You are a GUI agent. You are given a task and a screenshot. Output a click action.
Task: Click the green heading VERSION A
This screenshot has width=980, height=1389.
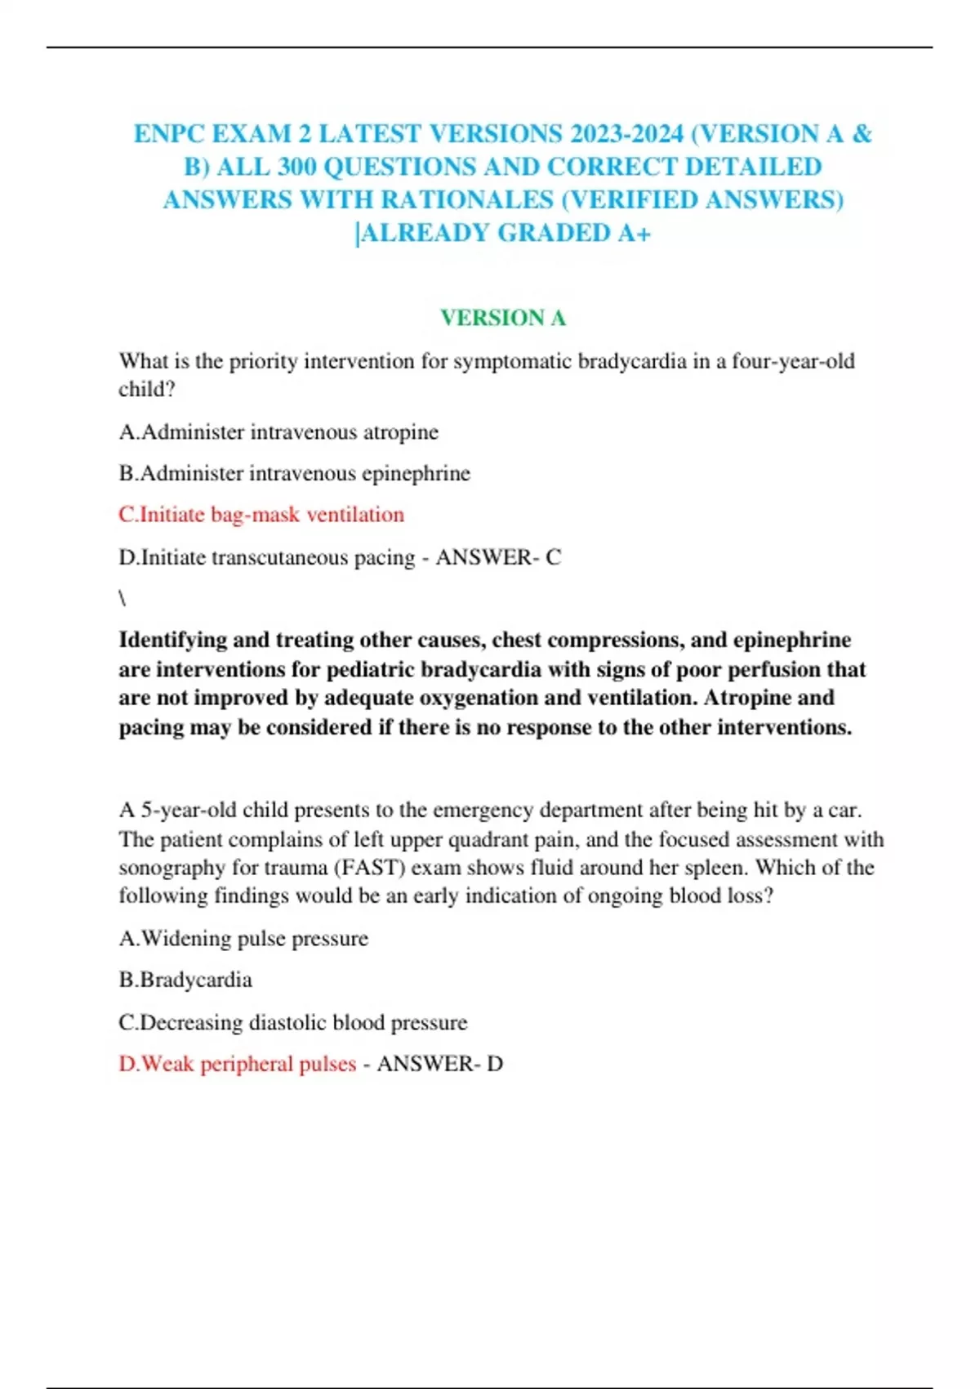[x=502, y=318]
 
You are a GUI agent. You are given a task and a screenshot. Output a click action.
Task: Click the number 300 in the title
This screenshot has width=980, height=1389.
[x=297, y=167]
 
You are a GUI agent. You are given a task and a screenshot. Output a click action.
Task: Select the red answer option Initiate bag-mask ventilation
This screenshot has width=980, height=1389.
[x=261, y=515]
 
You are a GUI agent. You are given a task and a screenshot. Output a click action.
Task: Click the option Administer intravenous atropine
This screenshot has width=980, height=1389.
[x=278, y=432]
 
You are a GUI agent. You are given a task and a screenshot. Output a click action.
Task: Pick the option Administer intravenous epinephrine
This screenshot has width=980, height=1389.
[x=294, y=473]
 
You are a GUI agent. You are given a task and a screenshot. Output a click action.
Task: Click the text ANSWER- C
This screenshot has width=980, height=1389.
[x=498, y=557]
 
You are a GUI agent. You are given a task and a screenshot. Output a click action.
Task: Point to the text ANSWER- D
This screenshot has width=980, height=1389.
[x=439, y=1064]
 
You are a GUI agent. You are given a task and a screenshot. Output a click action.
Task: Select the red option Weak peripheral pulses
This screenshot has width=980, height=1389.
[x=238, y=1064]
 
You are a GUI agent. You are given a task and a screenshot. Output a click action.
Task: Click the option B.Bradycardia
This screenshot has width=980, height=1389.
[x=185, y=980]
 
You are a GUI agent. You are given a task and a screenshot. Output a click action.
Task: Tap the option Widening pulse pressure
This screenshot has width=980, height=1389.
[x=243, y=938]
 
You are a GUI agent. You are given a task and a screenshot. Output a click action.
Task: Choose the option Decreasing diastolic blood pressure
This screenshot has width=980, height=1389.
[x=293, y=1022]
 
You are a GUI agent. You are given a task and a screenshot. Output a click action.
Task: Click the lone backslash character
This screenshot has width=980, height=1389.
[x=122, y=599]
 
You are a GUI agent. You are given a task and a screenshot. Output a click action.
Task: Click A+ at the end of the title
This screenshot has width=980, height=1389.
[x=634, y=234]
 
